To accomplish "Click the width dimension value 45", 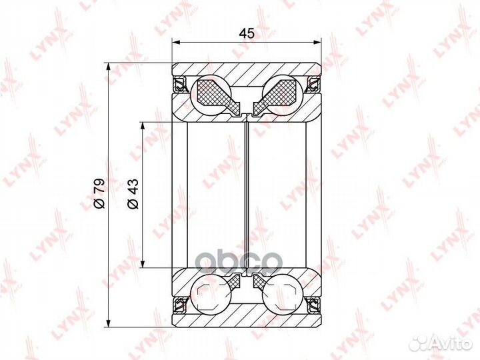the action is click(x=247, y=33).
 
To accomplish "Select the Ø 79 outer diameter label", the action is click(x=99, y=193).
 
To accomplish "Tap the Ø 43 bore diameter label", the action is click(x=133, y=193).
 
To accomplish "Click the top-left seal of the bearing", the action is click(x=181, y=84).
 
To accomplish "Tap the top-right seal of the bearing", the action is click(x=313, y=84).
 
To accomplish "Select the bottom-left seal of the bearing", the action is click(x=181, y=305).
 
